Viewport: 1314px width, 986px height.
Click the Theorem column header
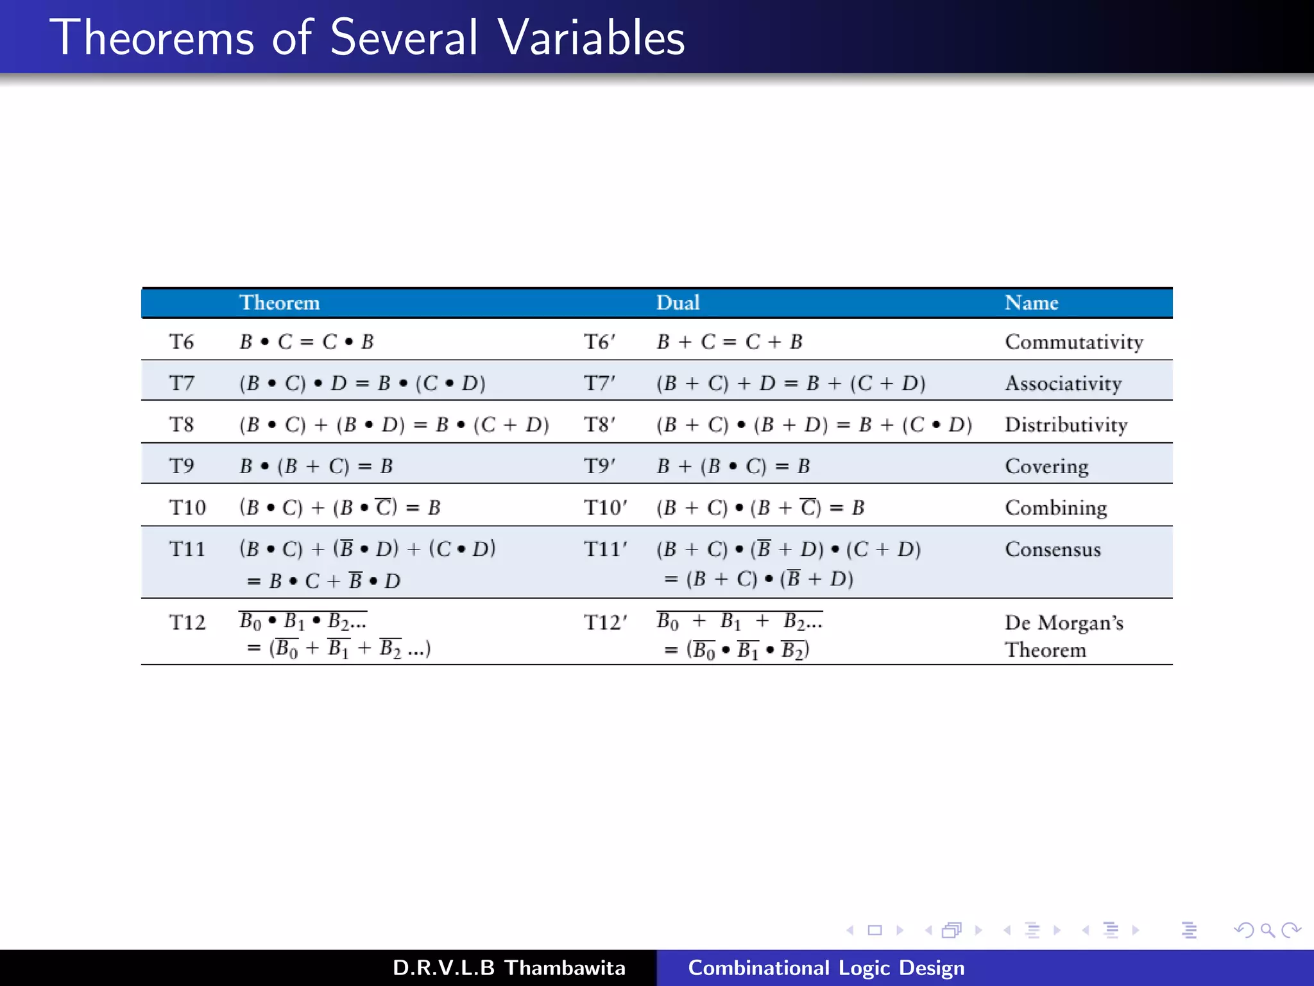tap(279, 302)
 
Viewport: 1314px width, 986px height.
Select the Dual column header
tap(678, 302)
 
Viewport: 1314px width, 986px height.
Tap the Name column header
tap(1031, 302)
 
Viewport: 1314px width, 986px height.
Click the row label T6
tap(182, 342)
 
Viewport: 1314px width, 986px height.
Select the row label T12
tap(187, 622)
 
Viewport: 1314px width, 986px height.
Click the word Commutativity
tap(1074, 342)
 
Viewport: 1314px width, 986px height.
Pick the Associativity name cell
tap(1063, 383)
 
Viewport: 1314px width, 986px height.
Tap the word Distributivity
tap(1066, 424)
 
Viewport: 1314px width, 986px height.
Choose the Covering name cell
tap(1046, 466)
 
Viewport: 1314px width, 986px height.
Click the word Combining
tap(1056, 508)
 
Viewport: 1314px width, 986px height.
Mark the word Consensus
tap(1053, 549)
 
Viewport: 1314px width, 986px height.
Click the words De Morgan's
tap(1064, 623)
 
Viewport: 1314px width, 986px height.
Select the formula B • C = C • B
tap(307, 342)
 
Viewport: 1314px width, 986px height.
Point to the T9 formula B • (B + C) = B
tap(316, 466)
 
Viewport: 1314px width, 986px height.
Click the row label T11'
tap(605, 549)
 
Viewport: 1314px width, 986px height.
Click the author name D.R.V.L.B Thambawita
tap(509, 967)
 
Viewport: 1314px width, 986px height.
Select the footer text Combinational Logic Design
tap(826, 967)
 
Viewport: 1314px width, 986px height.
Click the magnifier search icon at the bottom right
tap(1267, 930)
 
